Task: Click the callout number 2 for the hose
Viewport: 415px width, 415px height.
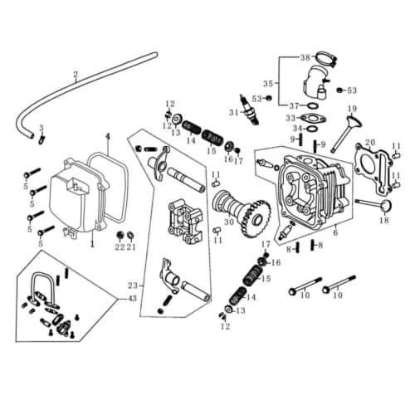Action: click(x=76, y=74)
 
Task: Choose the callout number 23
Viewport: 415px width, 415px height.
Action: click(x=132, y=286)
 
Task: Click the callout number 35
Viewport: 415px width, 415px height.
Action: click(x=267, y=84)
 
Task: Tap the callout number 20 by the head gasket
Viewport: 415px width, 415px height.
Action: click(x=370, y=143)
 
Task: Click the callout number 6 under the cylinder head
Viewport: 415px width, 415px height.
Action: click(x=334, y=234)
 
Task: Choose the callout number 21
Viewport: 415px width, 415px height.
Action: click(x=130, y=247)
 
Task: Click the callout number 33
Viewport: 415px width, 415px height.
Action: click(x=290, y=118)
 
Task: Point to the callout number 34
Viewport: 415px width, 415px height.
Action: click(x=290, y=129)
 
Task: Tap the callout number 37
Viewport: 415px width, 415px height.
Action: click(x=293, y=106)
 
